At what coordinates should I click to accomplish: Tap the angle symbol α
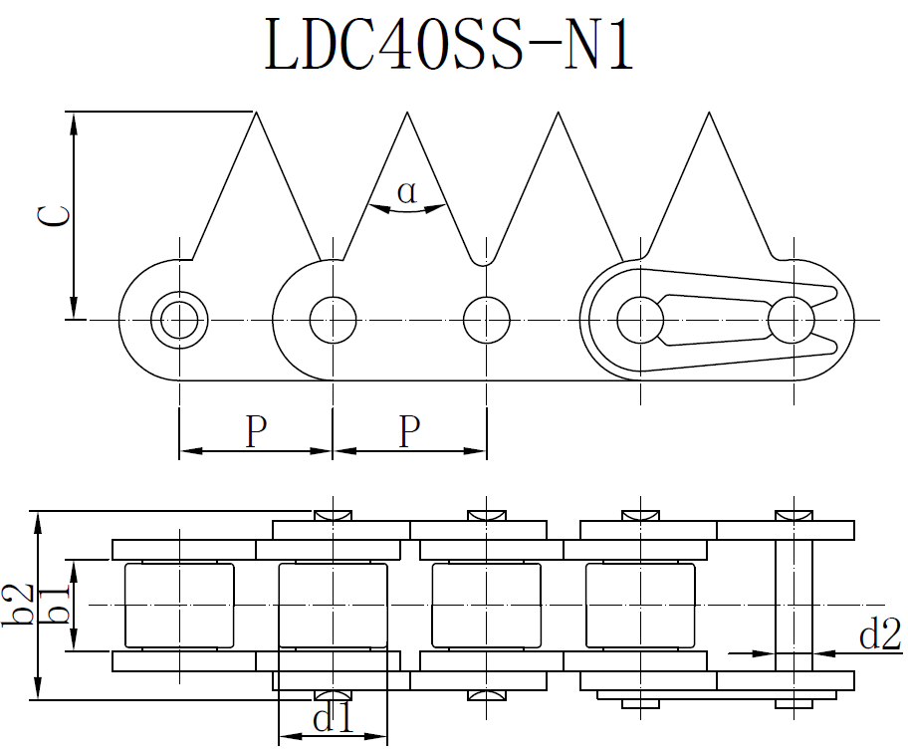(406, 191)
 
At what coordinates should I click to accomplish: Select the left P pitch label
(256, 431)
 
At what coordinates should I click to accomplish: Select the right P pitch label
(409, 431)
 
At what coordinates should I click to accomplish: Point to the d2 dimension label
(879, 633)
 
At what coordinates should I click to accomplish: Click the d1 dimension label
(333, 718)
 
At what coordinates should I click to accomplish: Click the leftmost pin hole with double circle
(179, 320)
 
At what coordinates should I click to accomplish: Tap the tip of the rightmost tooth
(708, 114)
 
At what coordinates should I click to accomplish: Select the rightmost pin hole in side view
(792, 320)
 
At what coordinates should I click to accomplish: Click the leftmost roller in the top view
(179, 604)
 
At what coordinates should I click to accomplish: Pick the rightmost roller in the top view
(639, 604)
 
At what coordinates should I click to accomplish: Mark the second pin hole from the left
(333, 320)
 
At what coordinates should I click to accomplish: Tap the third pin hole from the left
(486, 320)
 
